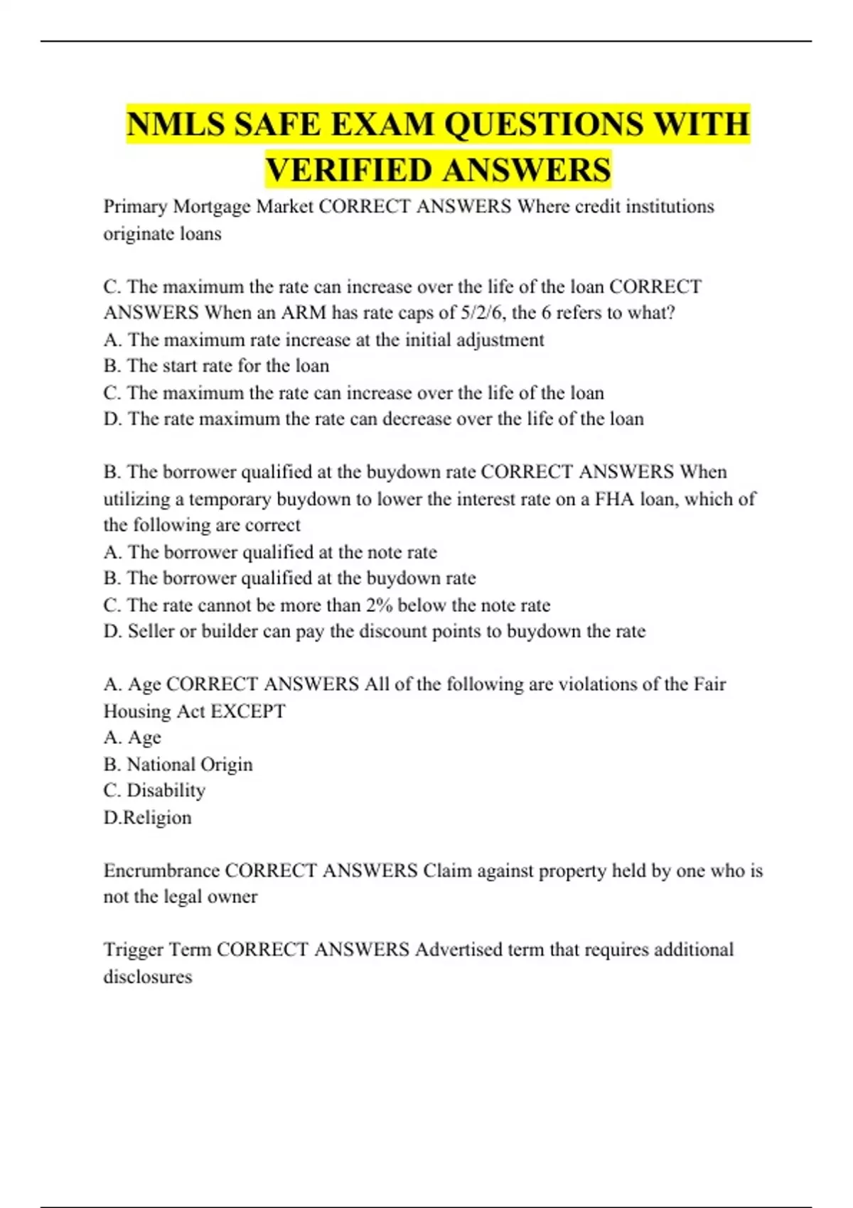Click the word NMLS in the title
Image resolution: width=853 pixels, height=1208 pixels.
pyautogui.click(x=174, y=124)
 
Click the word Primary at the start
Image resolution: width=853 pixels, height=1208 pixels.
pyautogui.click(x=135, y=207)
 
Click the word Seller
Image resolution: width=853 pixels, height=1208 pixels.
pyautogui.click(x=151, y=632)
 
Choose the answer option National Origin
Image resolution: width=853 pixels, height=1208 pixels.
pyautogui.click(x=189, y=765)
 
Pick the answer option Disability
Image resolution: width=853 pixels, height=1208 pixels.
pyautogui.click(x=166, y=791)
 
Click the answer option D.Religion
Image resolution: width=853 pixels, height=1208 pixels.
pyautogui.click(x=148, y=818)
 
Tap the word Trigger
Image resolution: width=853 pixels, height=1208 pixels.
pyautogui.click(x=134, y=950)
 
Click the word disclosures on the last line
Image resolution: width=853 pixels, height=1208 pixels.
pyautogui.click(x=148, y=977)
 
